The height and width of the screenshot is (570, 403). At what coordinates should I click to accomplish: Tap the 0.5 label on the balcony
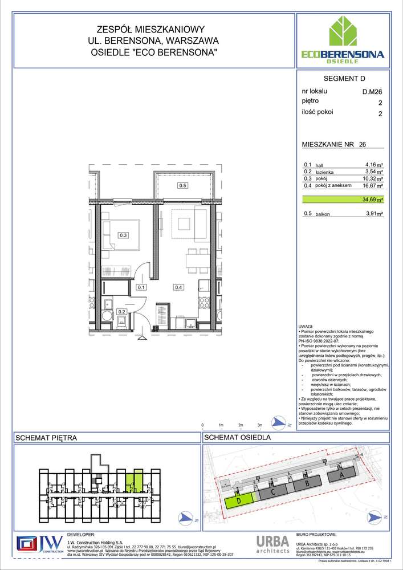182,185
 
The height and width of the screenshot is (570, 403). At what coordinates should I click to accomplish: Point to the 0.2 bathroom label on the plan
121,312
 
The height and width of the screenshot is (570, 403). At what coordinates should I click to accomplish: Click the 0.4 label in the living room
178,287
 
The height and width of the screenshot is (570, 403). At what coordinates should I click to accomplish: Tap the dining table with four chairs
196,260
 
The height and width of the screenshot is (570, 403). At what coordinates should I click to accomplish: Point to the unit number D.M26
372,91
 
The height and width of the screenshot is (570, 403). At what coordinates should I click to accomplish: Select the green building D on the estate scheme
239,502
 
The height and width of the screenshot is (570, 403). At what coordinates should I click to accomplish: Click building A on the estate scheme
342,474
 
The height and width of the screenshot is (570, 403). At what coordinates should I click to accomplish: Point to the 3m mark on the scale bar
259,425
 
